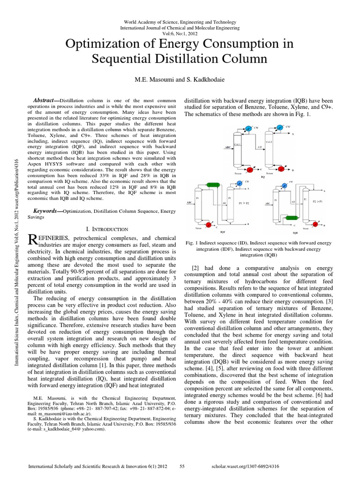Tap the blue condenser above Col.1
coord(249,127)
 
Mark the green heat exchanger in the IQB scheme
coord(292,218)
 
